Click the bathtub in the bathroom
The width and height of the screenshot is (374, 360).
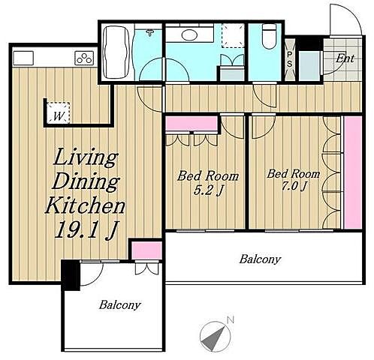click(x=116, y=52)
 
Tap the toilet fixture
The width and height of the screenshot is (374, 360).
click(x=269, y=36)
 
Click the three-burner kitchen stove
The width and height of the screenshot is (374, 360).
click(x=84, y=58)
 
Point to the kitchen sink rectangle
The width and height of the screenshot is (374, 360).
click(x=23, y=58)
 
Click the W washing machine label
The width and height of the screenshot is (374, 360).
click(x=58, y=116)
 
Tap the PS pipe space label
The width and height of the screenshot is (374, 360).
click(x=289, y=59)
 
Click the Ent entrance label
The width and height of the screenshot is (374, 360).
click(x=345, y=58)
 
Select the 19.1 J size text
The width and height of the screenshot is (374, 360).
click(x=86, y=230)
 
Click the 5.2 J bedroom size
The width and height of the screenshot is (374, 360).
click(x=208, y=191)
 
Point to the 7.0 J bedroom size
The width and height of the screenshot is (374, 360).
click(x=294, y=186)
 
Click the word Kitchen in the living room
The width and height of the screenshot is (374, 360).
click(x=85, y=205)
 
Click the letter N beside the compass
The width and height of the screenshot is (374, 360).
click(x=231, y=319)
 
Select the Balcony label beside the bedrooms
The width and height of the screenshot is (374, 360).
click(x=260, y=259)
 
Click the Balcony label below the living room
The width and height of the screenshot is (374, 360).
click(x=119, y=305)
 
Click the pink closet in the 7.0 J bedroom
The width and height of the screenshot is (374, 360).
click(x=353, y=172)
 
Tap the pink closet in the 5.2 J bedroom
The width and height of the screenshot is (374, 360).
click(x=192, y=124)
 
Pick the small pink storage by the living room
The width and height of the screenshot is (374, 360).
click(x=146, y=250)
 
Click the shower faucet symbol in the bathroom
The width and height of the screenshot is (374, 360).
click(x=150, y=31)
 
